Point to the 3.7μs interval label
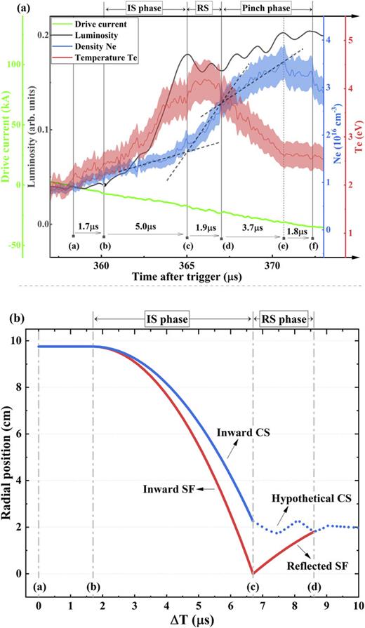[x=251, y=227]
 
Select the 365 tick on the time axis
[x=187, y=266]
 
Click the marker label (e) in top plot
[x=283, y=246]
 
